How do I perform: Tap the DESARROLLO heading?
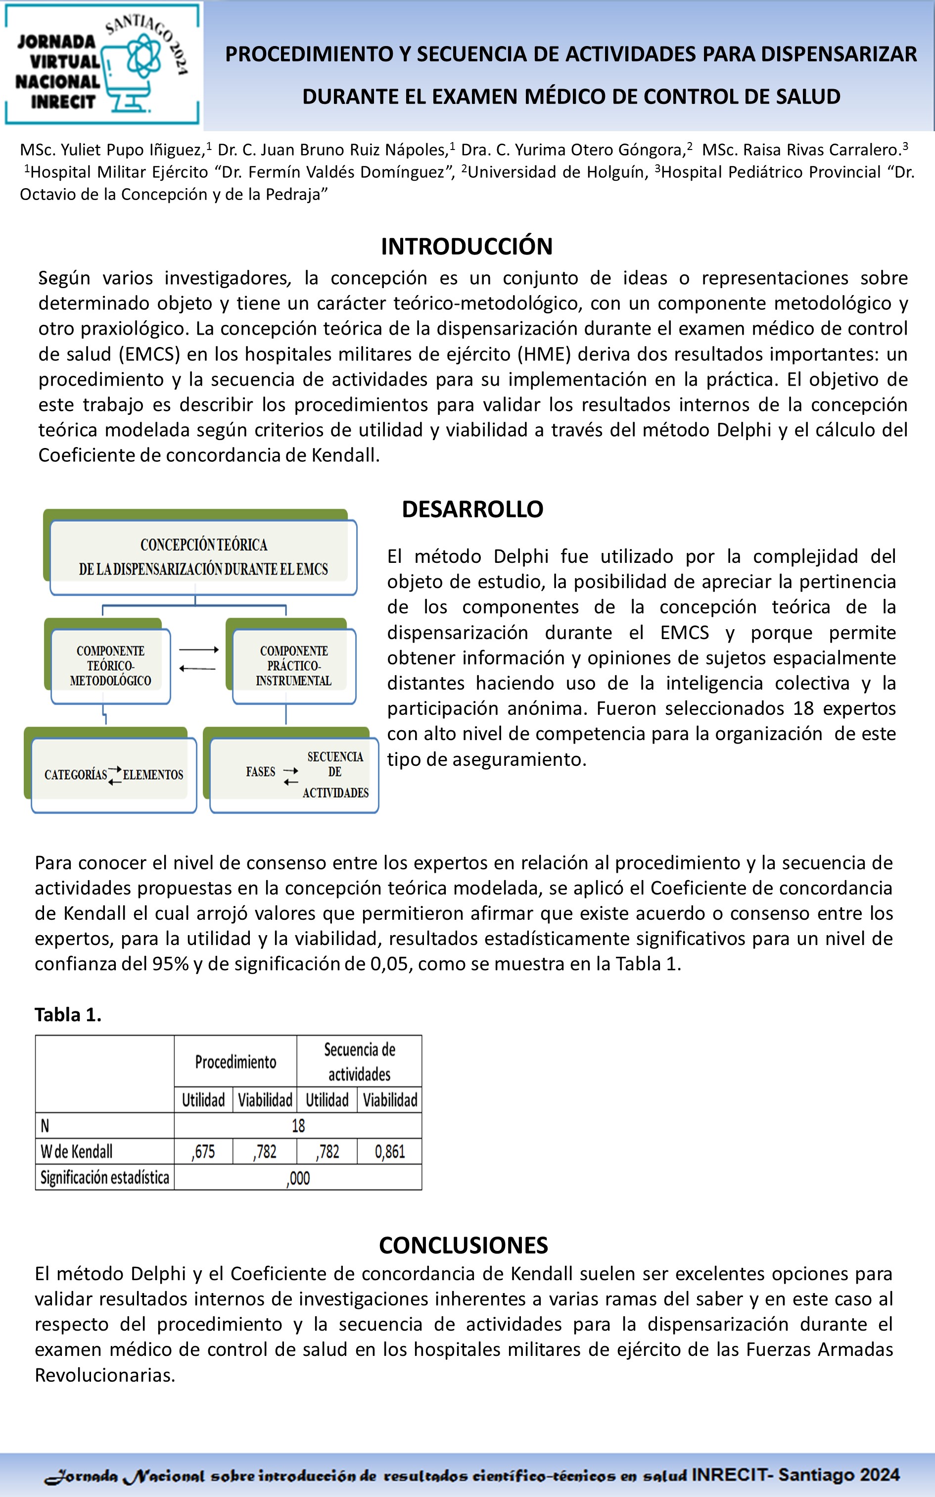[472, 509]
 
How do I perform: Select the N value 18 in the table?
[298, 1125]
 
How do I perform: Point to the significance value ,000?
[298, 1178]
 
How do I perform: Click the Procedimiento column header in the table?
[235, 1062]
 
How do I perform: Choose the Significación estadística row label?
[104, 1177]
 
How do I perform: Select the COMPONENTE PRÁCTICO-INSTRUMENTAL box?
[294, 666]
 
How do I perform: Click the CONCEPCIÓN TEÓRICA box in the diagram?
[203, 557]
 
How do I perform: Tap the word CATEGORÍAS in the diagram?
[75, 774]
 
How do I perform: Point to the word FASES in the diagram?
[260, 771]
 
